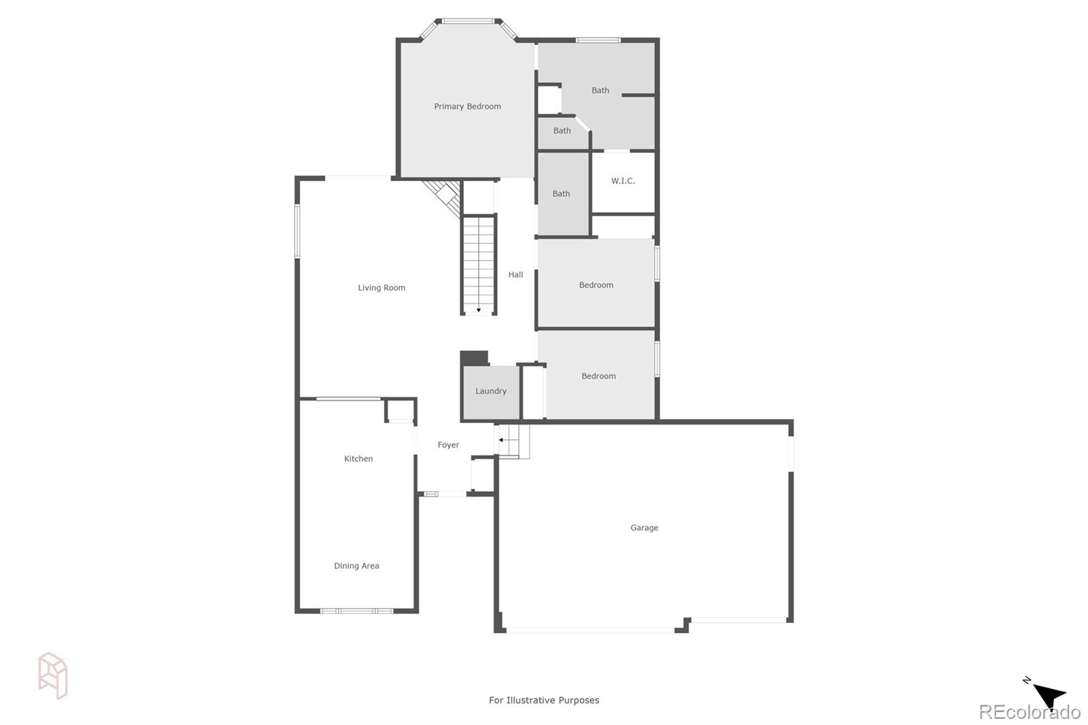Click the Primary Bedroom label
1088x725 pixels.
coord(467,106)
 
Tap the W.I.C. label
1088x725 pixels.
coord(623,181)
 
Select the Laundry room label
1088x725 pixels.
coord(491,391)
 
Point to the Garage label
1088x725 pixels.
coord(644,528)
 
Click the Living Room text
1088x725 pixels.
coord(381,288)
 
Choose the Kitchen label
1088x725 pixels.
coord(358,458)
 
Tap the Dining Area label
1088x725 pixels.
coord(356,566)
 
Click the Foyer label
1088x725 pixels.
coord(448,445)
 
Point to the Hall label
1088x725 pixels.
coord(515,275)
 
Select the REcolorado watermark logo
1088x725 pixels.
coord(1029,712)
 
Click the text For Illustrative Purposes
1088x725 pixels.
coord(544,700)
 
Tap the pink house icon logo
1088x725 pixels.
coord(53,675)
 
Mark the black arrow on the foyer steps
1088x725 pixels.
coord(501,440)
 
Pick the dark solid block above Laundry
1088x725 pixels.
coord(474,358)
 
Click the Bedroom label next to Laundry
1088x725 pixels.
coord(598,376)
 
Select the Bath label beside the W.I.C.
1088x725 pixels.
coord(561,194)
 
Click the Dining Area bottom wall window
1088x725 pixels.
coord(356,611)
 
